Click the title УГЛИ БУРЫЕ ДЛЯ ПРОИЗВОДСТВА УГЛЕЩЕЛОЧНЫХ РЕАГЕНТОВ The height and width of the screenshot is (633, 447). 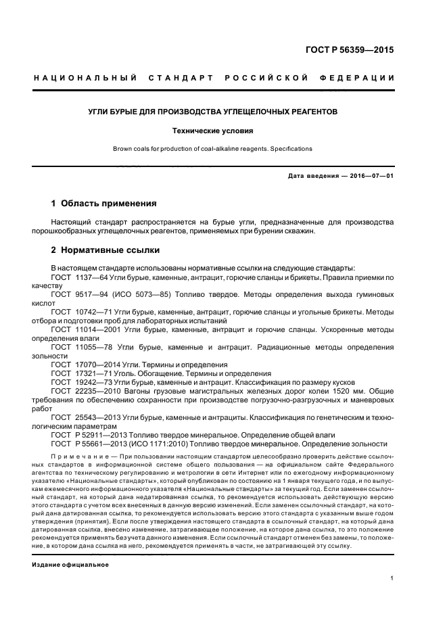click(223, 111)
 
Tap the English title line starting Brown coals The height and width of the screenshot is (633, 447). click(223, 148)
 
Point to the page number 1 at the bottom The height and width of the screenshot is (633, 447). click(392, 579)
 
